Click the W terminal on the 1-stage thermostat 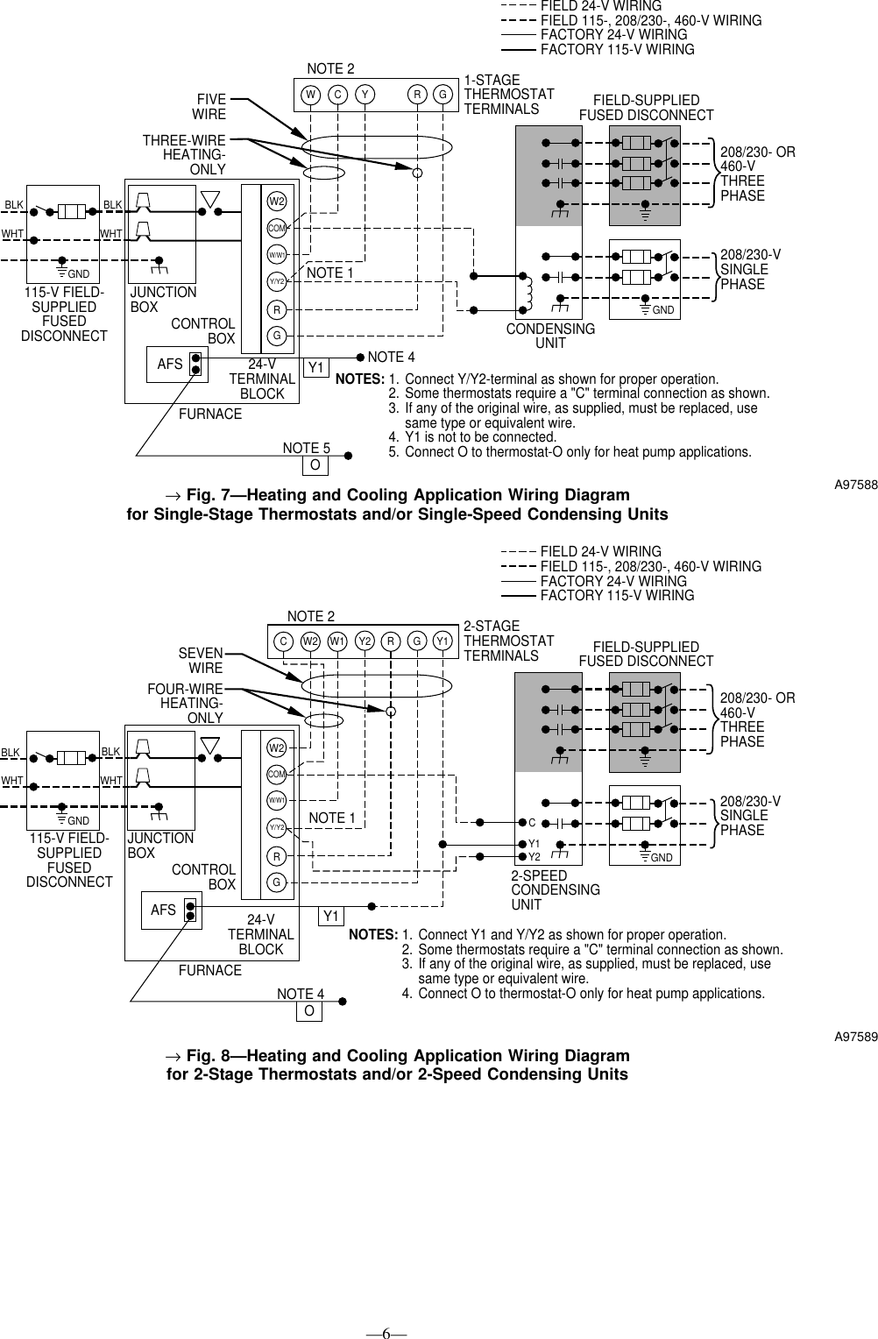coord(310,95)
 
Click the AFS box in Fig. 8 coord(163,910)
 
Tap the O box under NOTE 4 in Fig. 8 coord(308,1011)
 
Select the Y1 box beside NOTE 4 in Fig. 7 coord(316,367)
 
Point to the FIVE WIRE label coord(209,107)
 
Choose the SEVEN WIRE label coord(201,662)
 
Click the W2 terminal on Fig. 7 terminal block coord(277,201)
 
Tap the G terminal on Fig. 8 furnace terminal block coord(276,882)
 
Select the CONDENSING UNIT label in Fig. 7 coord(550,336)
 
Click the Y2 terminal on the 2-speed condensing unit coord(533,856)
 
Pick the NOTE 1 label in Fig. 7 coord(330,273)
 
